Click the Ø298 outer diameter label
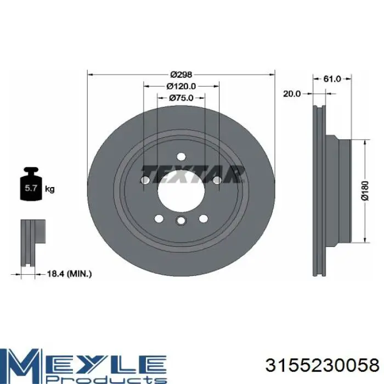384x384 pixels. point(182,74)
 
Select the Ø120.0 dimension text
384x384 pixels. point(181,86)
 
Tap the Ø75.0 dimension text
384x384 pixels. point(181,98)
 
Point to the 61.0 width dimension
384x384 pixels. point(332,79)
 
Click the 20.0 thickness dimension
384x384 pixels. point(292,94)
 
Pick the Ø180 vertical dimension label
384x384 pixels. point(365,191)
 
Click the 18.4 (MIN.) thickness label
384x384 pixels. point(69,274)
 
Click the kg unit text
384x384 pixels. point(50,189)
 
